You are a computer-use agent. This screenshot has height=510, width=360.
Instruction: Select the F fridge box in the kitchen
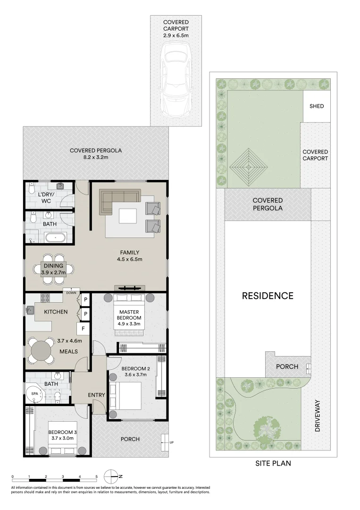point(84,328)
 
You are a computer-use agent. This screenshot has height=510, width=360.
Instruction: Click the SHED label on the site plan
point(317,106)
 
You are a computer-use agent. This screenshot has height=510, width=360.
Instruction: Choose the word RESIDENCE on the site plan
point(268,296)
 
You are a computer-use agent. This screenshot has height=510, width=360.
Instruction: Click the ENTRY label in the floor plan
point(95,395)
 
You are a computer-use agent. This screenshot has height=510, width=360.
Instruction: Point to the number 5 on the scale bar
point(97,476)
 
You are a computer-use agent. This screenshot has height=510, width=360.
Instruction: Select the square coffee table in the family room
point(128,216)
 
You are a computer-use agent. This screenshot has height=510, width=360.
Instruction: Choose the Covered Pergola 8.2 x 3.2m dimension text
point(96,157)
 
